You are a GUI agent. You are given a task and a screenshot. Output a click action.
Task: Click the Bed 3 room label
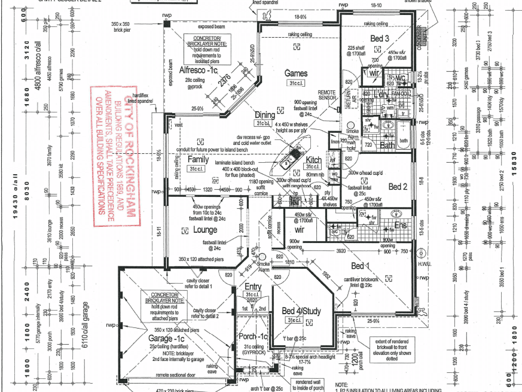(x=380, y=39)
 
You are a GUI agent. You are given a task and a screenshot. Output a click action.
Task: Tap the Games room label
(x=296, y=74)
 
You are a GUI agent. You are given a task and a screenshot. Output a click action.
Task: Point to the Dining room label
(x=265, y=115)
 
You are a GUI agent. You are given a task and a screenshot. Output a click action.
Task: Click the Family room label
(x=198, y=160)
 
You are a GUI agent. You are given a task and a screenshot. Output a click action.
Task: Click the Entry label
(x=254, y=287)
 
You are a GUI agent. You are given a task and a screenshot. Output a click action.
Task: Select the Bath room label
(x=387, y=145)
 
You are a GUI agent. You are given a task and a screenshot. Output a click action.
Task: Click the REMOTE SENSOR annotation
(x=326, y=96)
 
